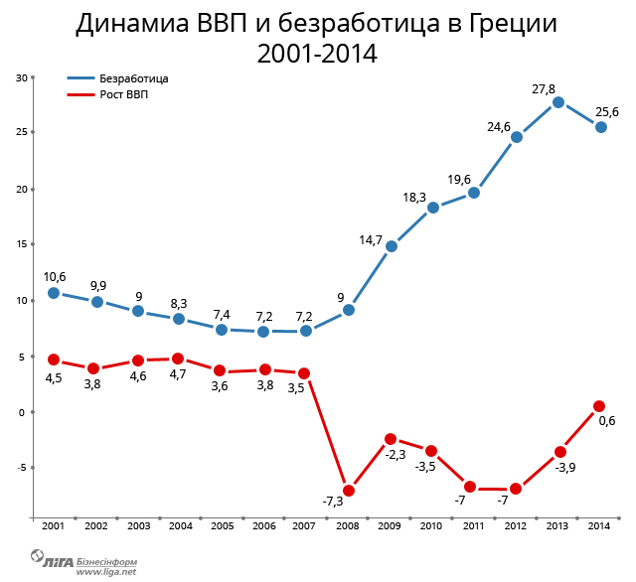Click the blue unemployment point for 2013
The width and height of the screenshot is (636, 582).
558,102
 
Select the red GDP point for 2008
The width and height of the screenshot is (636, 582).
349,491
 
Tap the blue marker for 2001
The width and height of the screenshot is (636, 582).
54,293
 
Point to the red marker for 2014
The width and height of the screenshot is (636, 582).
599,406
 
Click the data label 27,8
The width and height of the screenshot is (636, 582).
544,89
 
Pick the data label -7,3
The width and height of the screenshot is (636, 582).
333,501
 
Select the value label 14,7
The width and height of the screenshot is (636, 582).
370,239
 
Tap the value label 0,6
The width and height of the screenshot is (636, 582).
606,420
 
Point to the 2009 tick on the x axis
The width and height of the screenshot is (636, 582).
390,526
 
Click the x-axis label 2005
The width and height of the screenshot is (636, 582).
222,526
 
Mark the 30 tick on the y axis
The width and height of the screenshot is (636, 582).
23,77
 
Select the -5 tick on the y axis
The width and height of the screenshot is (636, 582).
23,468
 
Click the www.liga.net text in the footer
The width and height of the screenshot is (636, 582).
106,571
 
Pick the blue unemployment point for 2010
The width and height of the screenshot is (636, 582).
433,208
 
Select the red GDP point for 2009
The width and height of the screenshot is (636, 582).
391,439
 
